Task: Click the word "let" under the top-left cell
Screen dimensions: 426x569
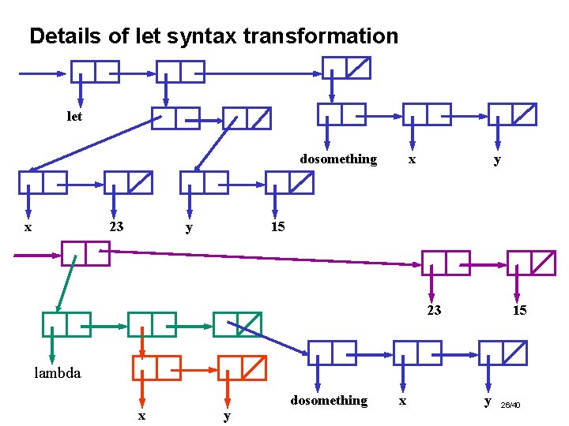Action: (74, 116)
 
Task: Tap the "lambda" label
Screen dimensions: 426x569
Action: (57, 373)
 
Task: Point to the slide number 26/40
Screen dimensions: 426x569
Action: (511, 405)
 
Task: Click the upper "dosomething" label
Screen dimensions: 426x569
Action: (338, 159)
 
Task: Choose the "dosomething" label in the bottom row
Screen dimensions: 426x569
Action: (329, 401)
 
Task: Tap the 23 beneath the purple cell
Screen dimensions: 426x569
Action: (434, 310)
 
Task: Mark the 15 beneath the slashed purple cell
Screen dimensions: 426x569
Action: (519, 310)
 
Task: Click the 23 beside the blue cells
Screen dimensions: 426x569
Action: (116, 227)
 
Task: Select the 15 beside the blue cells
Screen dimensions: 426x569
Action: (277, 227)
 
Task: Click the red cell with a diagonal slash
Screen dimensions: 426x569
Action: (243, 368)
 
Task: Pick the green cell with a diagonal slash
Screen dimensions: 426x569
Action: (237, 324)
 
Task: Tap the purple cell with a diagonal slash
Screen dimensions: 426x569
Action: (532, 263)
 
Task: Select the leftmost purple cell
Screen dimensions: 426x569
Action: (85, 254)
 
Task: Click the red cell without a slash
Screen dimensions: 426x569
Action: (157, 368)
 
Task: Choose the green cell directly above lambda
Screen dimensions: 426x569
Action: (66, 324)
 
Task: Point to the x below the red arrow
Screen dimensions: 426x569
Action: (141, 415)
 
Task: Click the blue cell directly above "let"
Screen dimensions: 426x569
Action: (96, 72)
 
